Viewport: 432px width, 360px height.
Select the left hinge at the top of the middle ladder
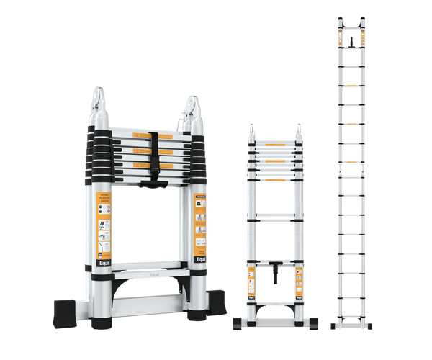(253, 131)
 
